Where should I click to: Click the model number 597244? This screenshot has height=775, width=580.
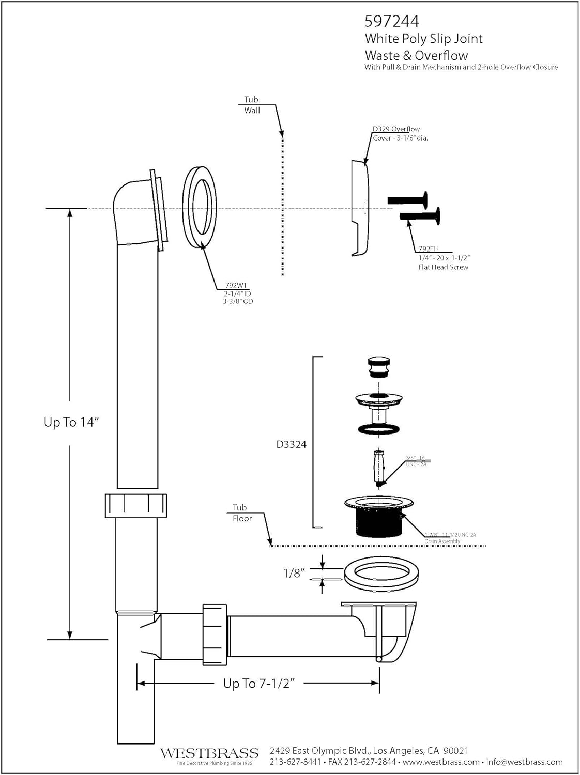pos(391,21)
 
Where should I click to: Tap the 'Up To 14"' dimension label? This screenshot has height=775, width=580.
pos(71,422)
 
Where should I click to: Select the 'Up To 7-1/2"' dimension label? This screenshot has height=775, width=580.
pos(259,683)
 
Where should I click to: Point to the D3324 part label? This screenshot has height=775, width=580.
pos(291,444)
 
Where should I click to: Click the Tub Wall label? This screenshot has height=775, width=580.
pos(252,105)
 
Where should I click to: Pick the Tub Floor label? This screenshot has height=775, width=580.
pos(241,513)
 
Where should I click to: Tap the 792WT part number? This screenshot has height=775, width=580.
pos(236,285)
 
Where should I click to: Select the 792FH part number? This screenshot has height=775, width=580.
pos(428,249)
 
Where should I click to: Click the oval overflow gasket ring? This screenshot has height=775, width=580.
pos(200,207)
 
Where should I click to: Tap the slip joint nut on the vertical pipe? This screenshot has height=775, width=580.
pos(136,505)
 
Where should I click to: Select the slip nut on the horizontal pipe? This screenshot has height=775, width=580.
pos(215,633)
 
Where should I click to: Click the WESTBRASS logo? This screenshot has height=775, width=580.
pos(209,753)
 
